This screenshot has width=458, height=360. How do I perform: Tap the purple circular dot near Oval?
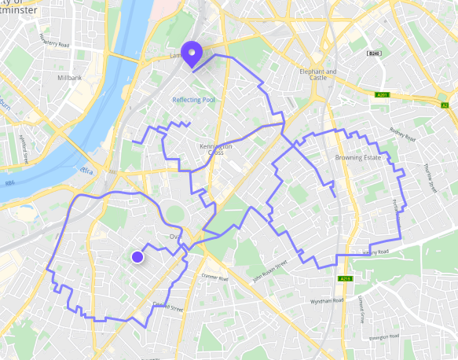137,257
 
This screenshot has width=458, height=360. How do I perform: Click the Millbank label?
70,79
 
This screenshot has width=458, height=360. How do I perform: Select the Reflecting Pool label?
193,100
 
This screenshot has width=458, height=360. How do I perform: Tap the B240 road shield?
374,53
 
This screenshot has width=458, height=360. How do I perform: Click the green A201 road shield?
383,95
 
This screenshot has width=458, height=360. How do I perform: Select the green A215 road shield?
344,279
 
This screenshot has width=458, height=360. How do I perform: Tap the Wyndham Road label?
327,300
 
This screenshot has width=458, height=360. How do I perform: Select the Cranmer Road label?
214,277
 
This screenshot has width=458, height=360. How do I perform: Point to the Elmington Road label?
387,336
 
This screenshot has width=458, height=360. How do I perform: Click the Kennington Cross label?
215,149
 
